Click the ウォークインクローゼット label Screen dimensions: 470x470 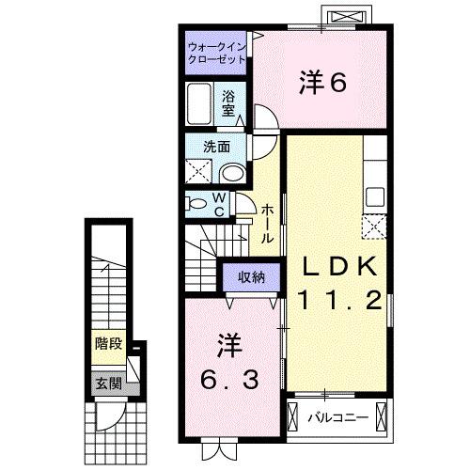point(216,52)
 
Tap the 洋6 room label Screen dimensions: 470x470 point(323,84)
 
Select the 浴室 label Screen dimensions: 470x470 point(229,102)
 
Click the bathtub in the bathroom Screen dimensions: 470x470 point(200,102)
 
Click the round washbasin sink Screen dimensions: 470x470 point(232,171)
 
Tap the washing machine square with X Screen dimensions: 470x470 point(198,171)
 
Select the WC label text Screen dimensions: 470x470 point(217,204)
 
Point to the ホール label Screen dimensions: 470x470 point(268,225)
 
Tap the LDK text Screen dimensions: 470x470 point(338,266)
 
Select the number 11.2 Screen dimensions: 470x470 point(338,300)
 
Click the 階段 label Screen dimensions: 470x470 point(107,344)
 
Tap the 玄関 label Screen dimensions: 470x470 point(107,383)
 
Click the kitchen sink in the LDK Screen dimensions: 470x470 point(373,197)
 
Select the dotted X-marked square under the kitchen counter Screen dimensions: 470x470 point(372,226)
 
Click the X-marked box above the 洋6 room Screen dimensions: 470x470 point(339,17)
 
